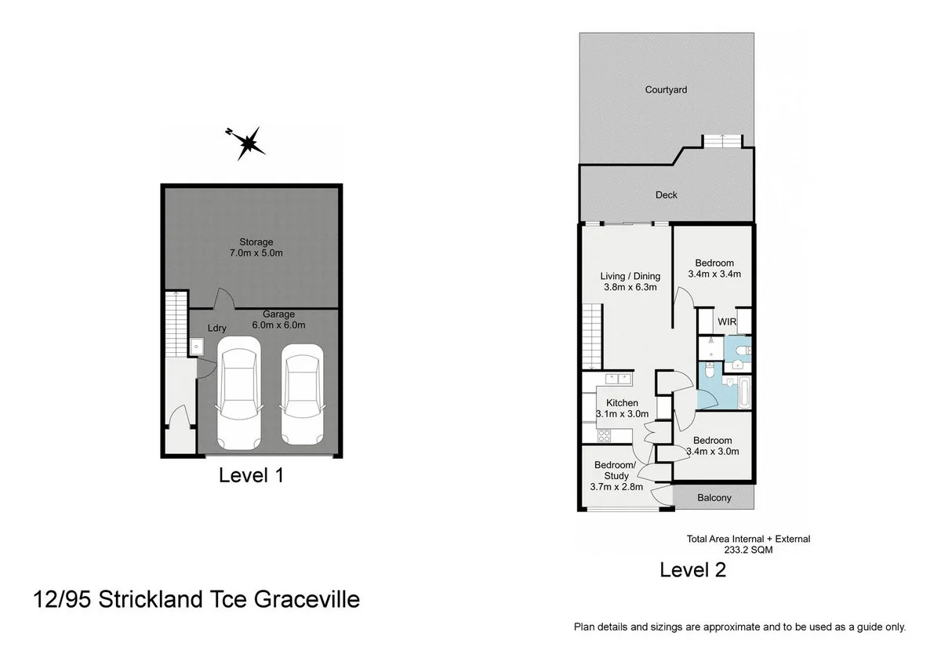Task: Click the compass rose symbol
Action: pyautogui.click(x=248, y=143)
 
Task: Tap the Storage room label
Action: pyautogui.click(x=256, y=242)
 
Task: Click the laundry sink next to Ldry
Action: pyautogui.click(x=197, y=346)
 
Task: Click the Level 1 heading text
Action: pyautogui.click(x=250, y=475)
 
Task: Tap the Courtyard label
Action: pyautogui.click(x=666, y=90)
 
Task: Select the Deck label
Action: pyautogui.click(x=667, y=195)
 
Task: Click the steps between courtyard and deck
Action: pyautogui.click(x=721, y=141)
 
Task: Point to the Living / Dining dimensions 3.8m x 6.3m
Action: pyautogui.click(x=630, y=288)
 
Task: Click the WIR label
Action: pyautogui.click(x=727, y=322)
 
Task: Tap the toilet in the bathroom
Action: pyautogui.click(x=708, y=376)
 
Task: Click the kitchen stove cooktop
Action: pyautogui.click(x=605, y=435)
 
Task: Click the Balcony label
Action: pyautogui.click(x=714, y=498)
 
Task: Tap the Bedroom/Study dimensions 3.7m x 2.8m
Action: pyautogui.click(x=616, y=487)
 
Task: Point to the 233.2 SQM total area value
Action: pyautogui.click(x=748, y=551)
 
